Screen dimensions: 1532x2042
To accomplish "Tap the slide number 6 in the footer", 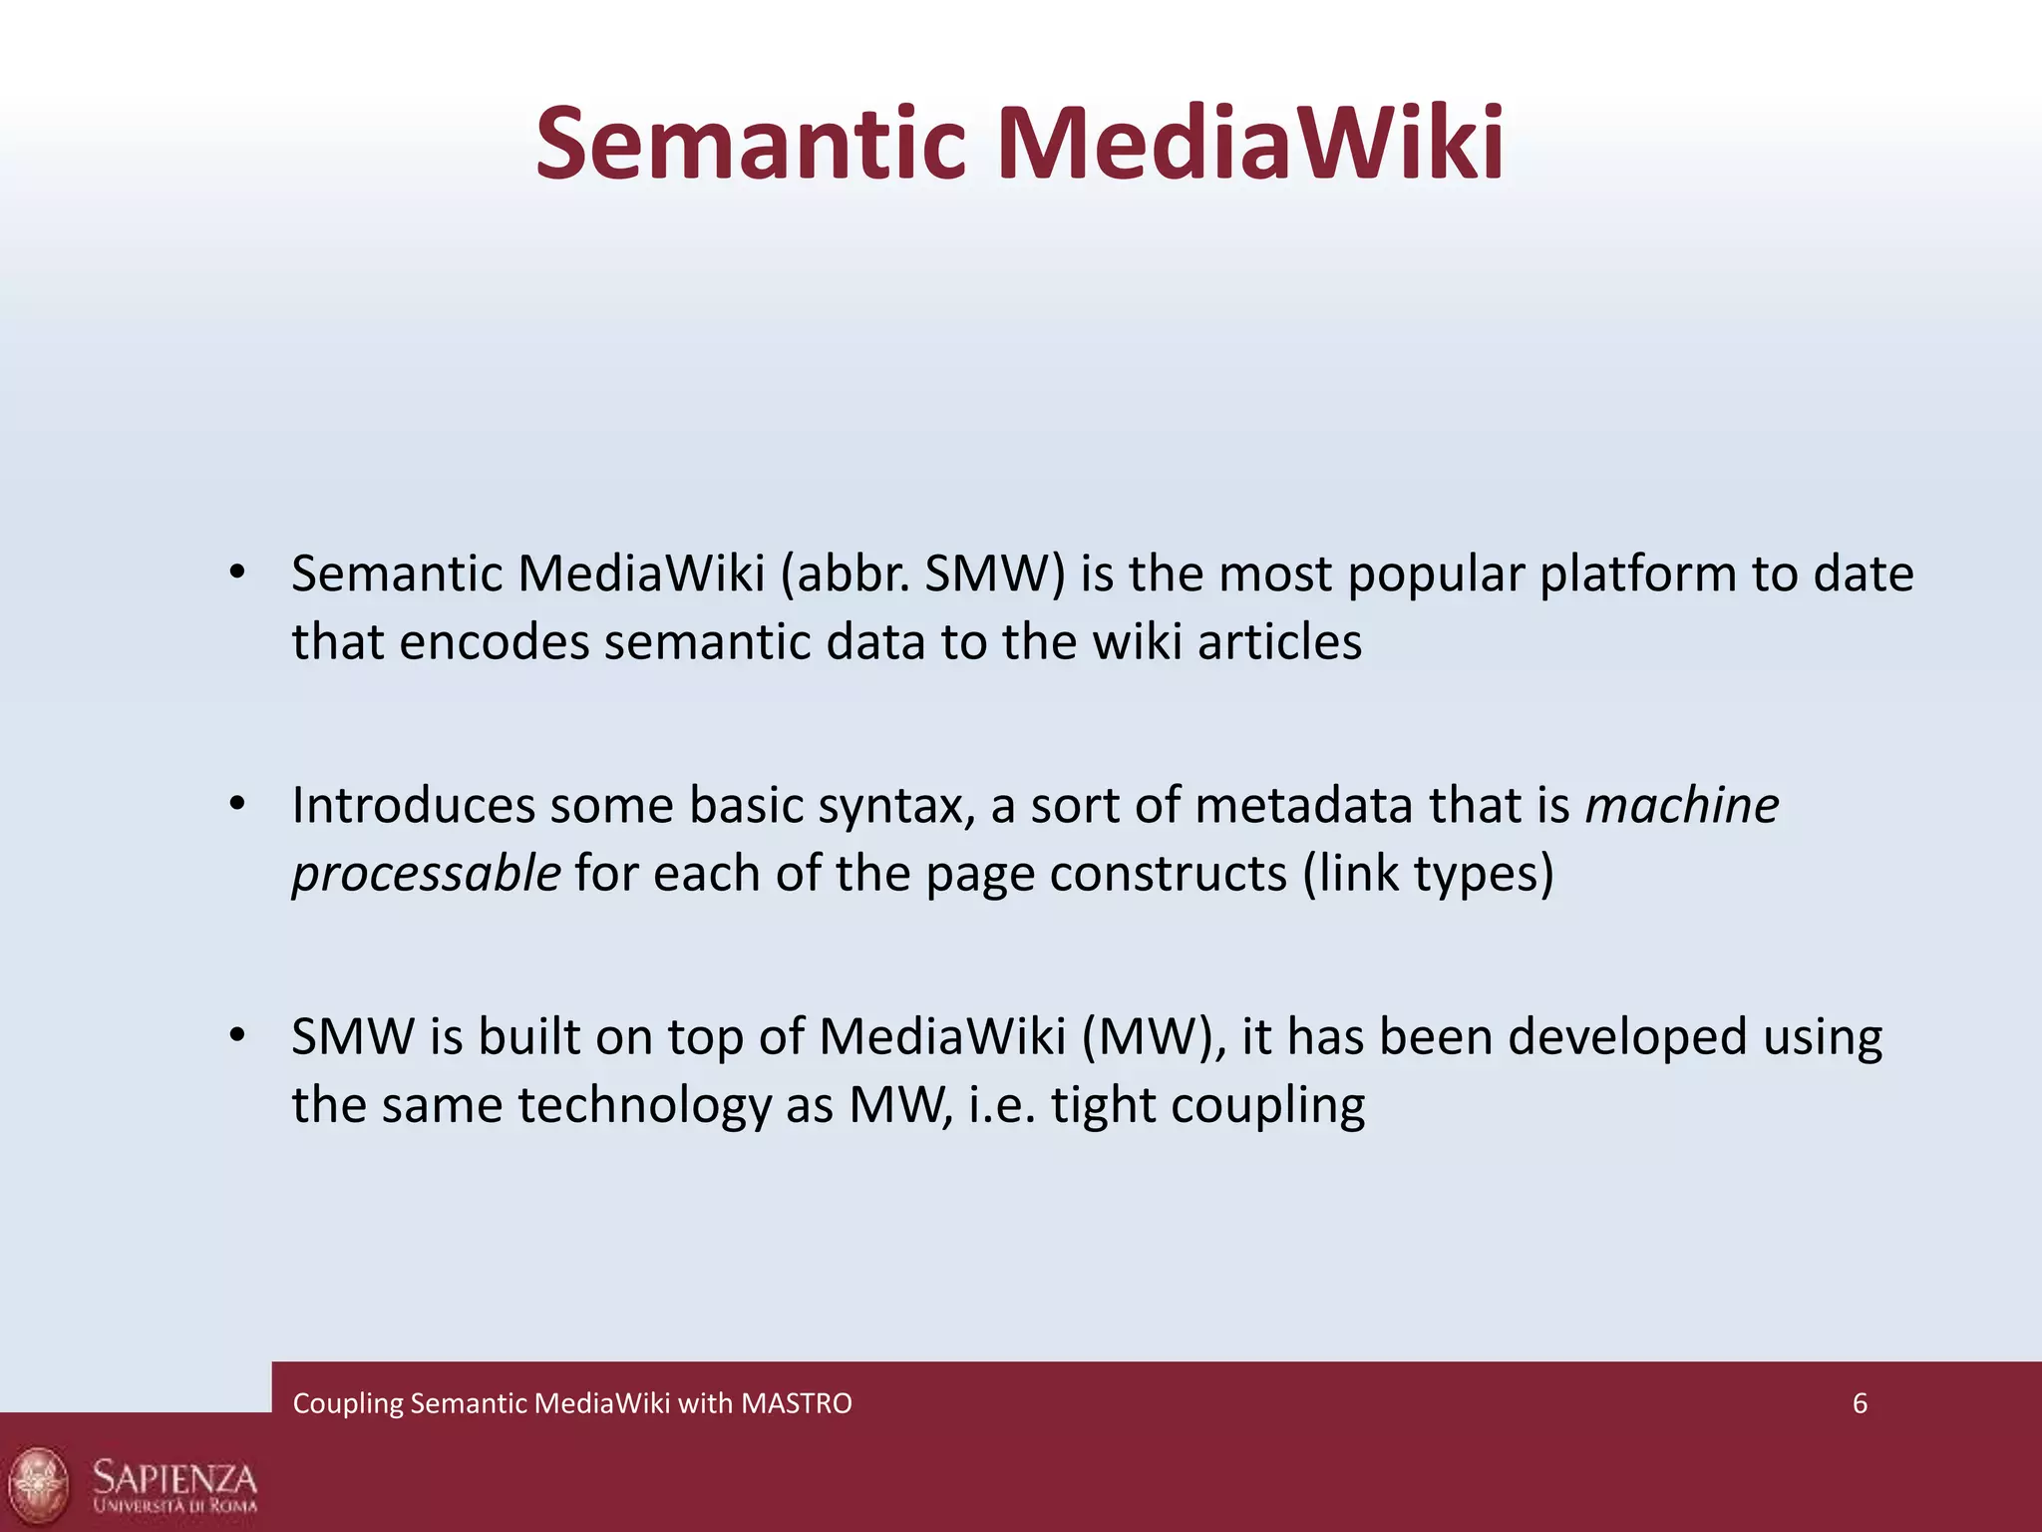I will pyautogui.click(x=1860, y=1403).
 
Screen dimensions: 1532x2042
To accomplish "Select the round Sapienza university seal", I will pyautogui.click(x=38, y=1482).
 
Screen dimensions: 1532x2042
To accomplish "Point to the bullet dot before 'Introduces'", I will pyautogui.click(x=236, y=804).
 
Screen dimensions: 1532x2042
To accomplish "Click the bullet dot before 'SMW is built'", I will pyautogui.click(x=236, y=1035).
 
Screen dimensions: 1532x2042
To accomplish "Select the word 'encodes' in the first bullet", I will pyautogui.click(x=495, y=642).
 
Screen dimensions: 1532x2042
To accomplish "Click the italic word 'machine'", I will pyautogui.click(x=1681, y=806).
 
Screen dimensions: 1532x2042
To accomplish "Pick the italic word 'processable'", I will pyautogui.click(x=426, y=874).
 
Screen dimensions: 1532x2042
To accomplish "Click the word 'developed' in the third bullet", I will pyautogui.click(x=1627, y=1037).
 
